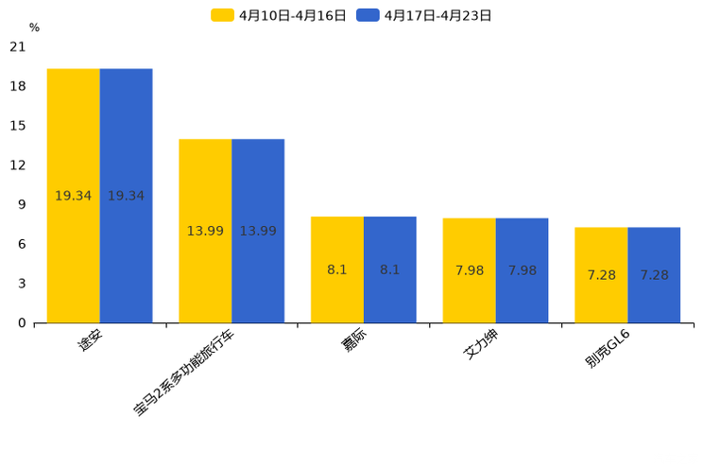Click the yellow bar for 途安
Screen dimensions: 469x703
[74, 196]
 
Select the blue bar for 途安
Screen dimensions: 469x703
[126, 196]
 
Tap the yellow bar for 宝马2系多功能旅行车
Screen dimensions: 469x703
[205, 231]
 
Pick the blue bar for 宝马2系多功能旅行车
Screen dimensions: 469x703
[258, 231]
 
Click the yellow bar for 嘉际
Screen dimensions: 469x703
[337, 269]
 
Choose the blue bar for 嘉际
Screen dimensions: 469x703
[390, 269]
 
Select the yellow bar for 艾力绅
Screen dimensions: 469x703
[470, 270]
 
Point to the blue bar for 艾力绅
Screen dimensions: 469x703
[522, 270]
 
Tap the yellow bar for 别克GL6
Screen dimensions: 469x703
[601, 275]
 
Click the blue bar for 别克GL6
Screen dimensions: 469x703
[654, 275]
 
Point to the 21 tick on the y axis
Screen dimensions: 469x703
[18, 46]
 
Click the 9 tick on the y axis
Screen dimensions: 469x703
[22, 204]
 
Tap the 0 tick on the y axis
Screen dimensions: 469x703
[22, 323]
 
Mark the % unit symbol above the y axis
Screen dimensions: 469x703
[34, 28]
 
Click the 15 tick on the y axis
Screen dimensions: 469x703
[18, 126]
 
